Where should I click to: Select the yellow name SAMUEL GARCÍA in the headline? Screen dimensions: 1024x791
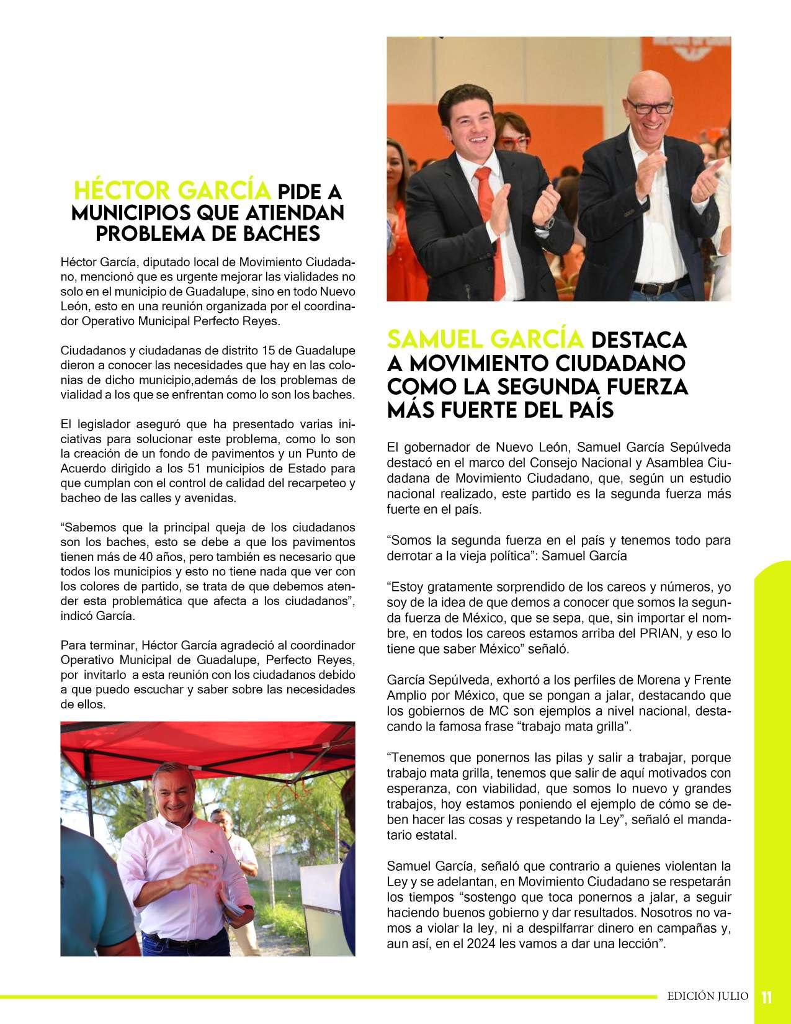(485, 339)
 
